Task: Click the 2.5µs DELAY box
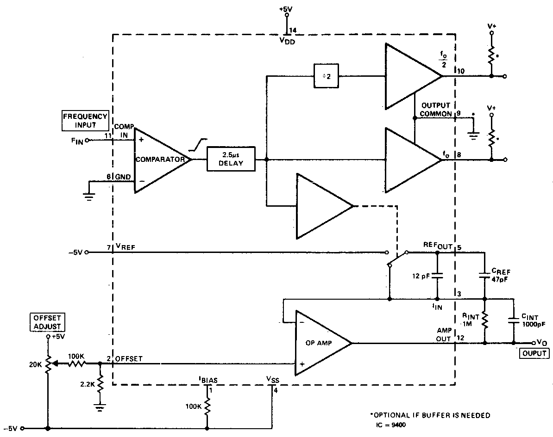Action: [x=231, y=159]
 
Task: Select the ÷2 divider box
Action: [x=326, y=76]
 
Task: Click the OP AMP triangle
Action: [x=323, y=343]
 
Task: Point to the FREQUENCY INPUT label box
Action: [x=85, y=121]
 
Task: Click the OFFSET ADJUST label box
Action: [x=47, y=322]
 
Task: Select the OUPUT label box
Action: [x=534, y=353]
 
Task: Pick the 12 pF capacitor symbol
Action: [x=437, y=276]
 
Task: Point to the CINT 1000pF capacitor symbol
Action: [x=514, y=320]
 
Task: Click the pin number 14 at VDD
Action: [x=292, y=31]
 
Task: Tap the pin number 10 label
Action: [x=460, y=71]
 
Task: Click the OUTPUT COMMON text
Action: [x=436, y=110]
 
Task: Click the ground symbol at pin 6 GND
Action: [x=89, y=196]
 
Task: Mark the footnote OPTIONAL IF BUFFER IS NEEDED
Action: [x=430, y=415]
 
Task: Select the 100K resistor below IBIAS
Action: [x=207, y=407]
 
